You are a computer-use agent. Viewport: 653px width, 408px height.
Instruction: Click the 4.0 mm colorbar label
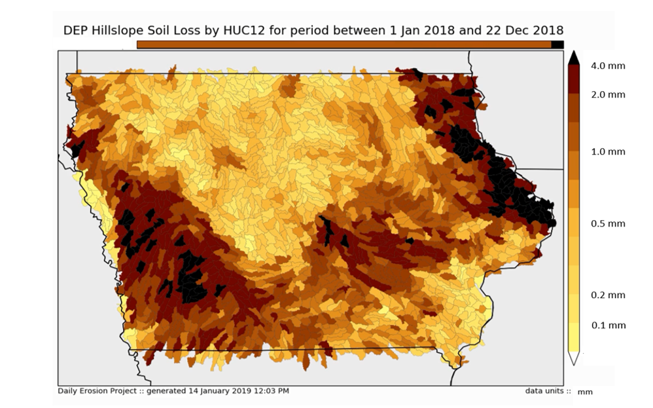point(608,65)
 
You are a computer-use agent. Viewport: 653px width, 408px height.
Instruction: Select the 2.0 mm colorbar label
point(608,94)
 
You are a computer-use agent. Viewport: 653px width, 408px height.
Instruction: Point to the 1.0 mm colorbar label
point(608,151)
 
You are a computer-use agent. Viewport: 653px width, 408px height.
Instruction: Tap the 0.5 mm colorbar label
point(608,223)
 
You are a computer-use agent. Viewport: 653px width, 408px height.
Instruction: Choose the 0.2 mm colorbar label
point(608,295)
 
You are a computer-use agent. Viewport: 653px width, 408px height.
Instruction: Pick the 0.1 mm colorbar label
point(608,325)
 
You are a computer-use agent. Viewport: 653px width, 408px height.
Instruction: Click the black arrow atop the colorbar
point(573,58)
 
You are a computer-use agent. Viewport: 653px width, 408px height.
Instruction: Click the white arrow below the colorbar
point(573,358)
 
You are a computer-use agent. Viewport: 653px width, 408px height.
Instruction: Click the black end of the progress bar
point(557,45)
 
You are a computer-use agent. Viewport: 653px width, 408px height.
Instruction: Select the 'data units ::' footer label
point(548,391)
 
